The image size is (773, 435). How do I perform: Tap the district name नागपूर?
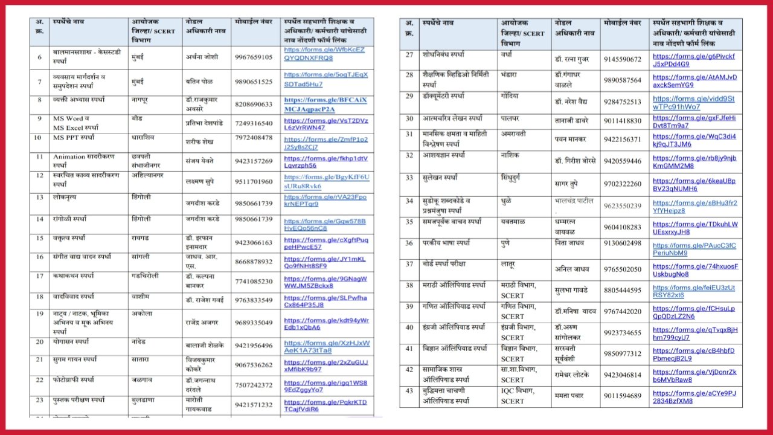click(x=142, y=99)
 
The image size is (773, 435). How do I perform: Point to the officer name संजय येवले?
click(x=199, y=161)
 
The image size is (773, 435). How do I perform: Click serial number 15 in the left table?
click(x=40, y=238)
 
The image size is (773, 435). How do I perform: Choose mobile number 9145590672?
click(x=622, y=59)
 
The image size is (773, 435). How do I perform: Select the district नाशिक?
click(x=510, y=155)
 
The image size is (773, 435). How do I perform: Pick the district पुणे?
click(x=506, y=243)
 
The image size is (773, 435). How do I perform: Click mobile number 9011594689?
click(x=622, y=396)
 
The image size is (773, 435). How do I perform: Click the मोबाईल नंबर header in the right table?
click(x=622, y=23)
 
